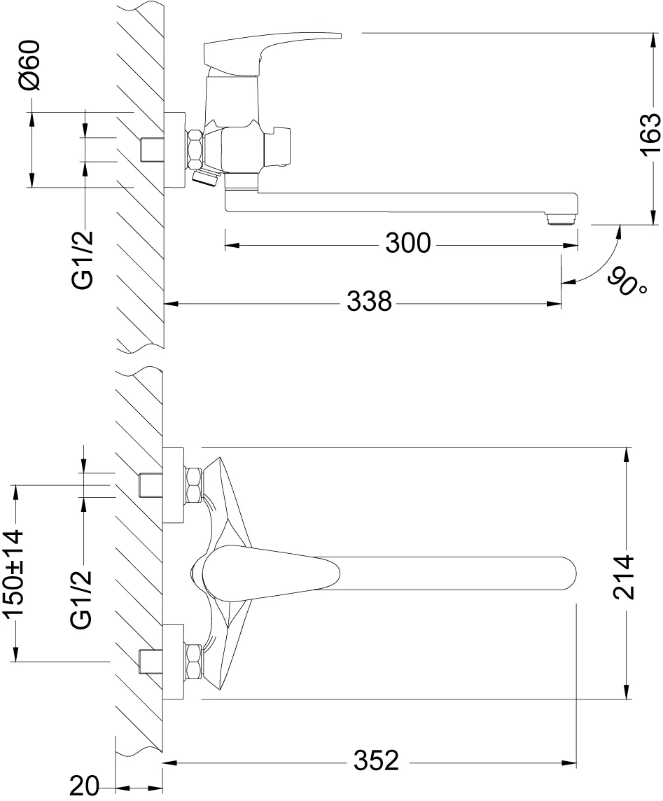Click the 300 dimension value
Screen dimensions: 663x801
(408, 243)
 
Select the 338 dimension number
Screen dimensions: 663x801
(369, 301)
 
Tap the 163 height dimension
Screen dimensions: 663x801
(650, 134)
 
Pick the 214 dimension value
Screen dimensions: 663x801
(624, 577)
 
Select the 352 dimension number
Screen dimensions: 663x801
(376, 760)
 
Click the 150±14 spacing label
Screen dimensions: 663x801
(13, 574)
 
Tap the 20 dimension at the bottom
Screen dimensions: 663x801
(84, 786)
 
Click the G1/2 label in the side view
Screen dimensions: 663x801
(83, 260)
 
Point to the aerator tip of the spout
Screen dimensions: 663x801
(563, 218)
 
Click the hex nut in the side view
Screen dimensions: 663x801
(195, 150)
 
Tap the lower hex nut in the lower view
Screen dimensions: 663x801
(194, 661)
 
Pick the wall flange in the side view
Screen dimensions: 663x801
(174, 150)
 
